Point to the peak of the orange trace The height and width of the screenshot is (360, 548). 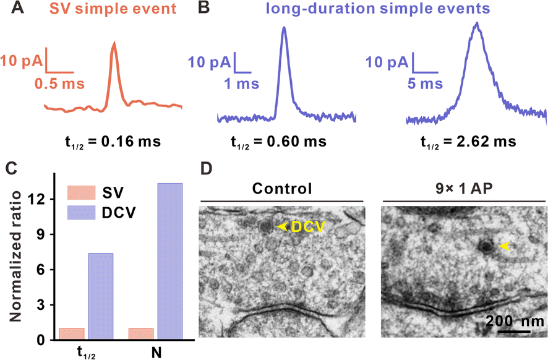(x=114, y=43)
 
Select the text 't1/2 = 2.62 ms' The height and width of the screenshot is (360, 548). (x=464, y=142)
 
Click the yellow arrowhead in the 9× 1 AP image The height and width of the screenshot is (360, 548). (x=505, y=246)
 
